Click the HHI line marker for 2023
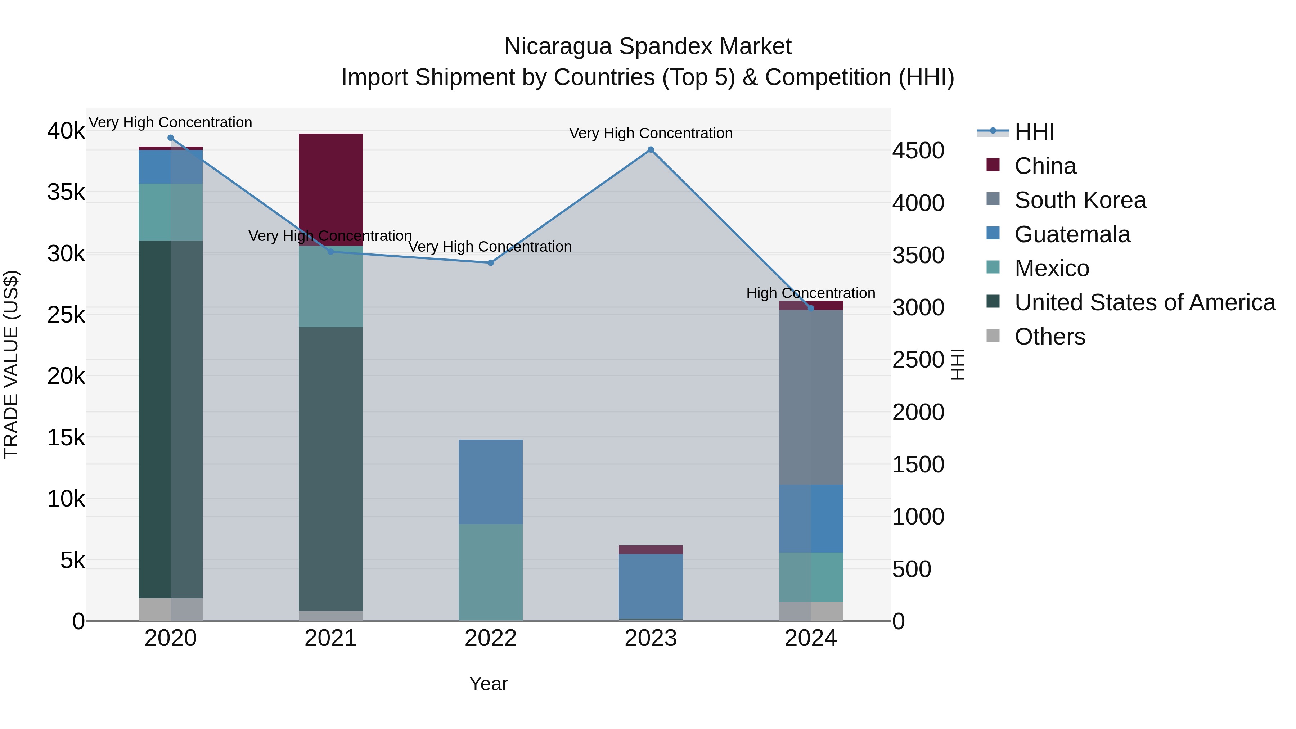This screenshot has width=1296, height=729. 651,149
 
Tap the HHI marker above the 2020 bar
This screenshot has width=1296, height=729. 171,138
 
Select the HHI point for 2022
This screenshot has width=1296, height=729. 491,263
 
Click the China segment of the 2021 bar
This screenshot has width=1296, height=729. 330,189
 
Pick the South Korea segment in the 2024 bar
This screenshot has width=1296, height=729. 810,397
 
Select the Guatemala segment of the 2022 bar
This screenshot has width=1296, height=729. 491,482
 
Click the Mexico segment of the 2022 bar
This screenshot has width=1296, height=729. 491,572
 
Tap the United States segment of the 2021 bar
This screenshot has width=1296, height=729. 330,468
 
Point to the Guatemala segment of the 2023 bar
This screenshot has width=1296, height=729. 651,586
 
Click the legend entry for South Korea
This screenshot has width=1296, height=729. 1080,200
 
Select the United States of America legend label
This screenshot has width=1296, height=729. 1144,302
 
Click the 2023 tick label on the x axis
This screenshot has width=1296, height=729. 651,638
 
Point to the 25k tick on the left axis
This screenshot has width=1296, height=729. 66,315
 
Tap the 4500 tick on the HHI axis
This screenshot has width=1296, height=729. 918,151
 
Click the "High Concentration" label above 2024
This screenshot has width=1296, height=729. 810,293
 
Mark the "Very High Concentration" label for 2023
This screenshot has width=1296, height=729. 651,133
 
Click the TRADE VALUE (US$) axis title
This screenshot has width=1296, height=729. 11,364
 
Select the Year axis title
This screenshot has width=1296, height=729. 489,684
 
